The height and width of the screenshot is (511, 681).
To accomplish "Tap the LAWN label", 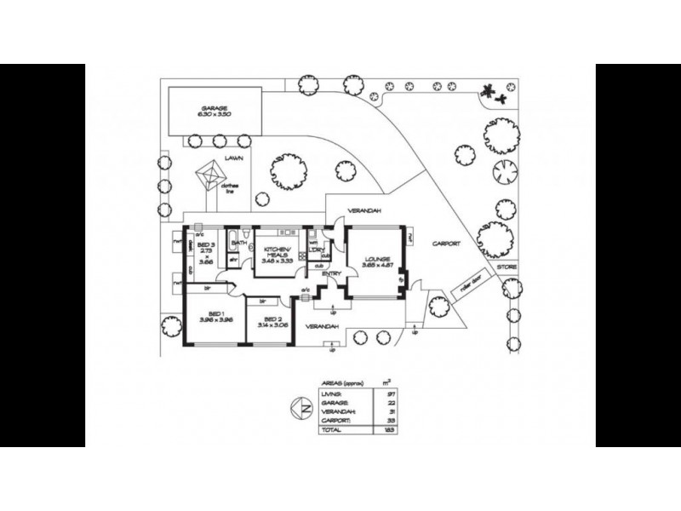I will click(235, 158).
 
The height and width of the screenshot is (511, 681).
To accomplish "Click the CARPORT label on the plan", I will click(445, 244).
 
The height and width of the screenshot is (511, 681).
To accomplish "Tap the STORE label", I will click(507, 267).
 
